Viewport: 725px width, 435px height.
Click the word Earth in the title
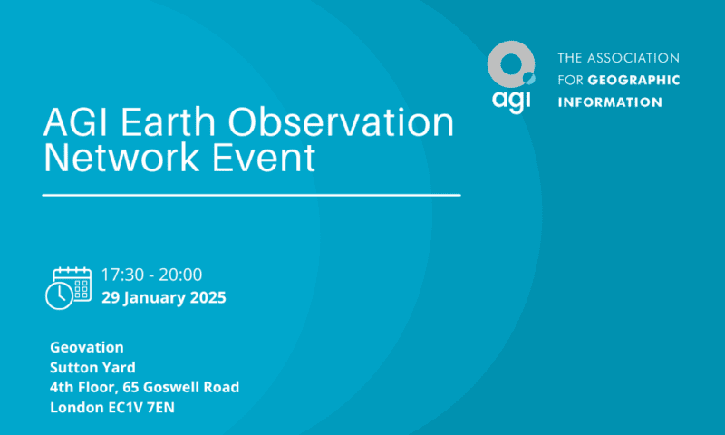(169, 122)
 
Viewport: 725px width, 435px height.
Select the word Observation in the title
(342, 122)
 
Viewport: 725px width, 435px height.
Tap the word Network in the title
(122, 157)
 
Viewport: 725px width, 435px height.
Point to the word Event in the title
(264, 157)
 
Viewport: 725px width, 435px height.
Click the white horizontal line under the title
(252, 195)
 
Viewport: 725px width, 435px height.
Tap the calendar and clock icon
(69, 287)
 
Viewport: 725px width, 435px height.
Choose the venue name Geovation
(87, 347)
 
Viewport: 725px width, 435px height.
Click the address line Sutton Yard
(93, 368)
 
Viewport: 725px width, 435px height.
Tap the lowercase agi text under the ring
(511, 101)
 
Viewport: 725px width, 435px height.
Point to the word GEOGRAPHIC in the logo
(633, 80)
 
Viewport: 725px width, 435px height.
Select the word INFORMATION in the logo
(610, 102)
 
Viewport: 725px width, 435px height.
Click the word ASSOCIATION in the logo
(636, 58)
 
